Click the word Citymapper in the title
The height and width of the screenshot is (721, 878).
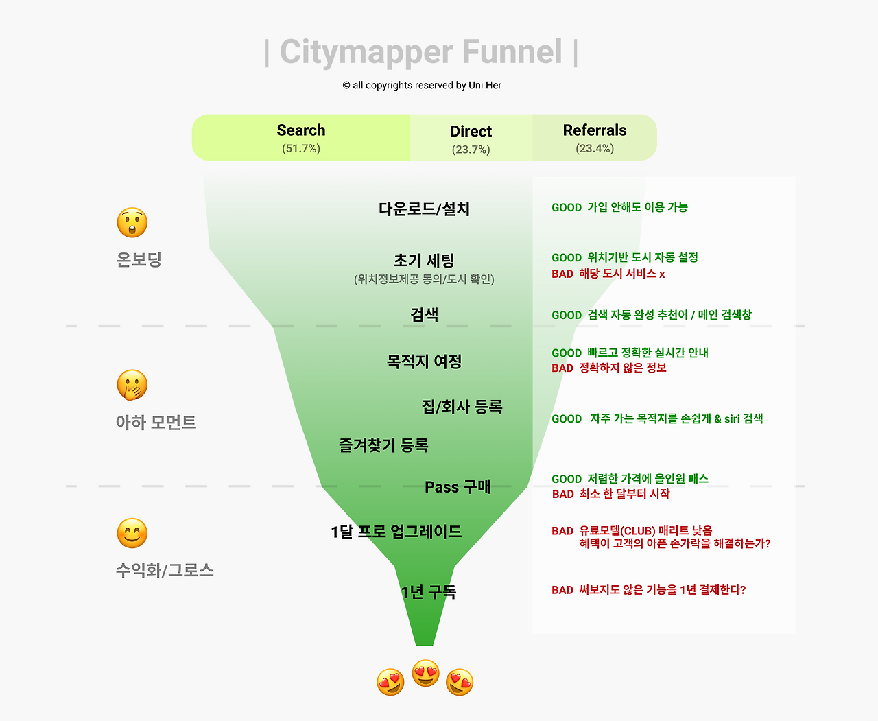[x=366, y=52]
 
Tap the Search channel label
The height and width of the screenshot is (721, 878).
[x=301, y=130]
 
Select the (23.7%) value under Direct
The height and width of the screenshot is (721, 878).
[x=471, y=150]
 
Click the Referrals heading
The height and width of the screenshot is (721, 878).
[x=595, y=130]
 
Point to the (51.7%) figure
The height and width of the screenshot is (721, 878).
[x=301, y=149]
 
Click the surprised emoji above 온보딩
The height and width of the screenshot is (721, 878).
[x=132, y=222]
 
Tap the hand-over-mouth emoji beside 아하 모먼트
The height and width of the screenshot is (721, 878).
[x=132, y=385]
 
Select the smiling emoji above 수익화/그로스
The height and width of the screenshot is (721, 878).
[x=132, y=533]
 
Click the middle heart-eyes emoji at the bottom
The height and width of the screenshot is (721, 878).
[x=425, y=673]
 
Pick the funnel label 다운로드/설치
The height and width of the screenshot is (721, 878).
[x=424, y=209]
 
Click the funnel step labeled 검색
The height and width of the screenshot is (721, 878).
[x=424, y=314]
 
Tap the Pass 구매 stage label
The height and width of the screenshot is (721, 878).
[x=458, y=486]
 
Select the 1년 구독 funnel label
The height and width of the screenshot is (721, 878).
[x=429, y=591]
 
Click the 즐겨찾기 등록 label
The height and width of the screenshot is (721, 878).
[x=383, y=445]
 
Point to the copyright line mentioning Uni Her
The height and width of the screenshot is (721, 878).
[x=422, y=85]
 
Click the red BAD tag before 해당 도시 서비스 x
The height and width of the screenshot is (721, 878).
[x=562, y=274]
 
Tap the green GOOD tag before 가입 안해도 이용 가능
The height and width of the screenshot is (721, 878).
[x=567, y=207]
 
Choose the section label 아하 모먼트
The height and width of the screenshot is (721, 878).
[x=156, y=422]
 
